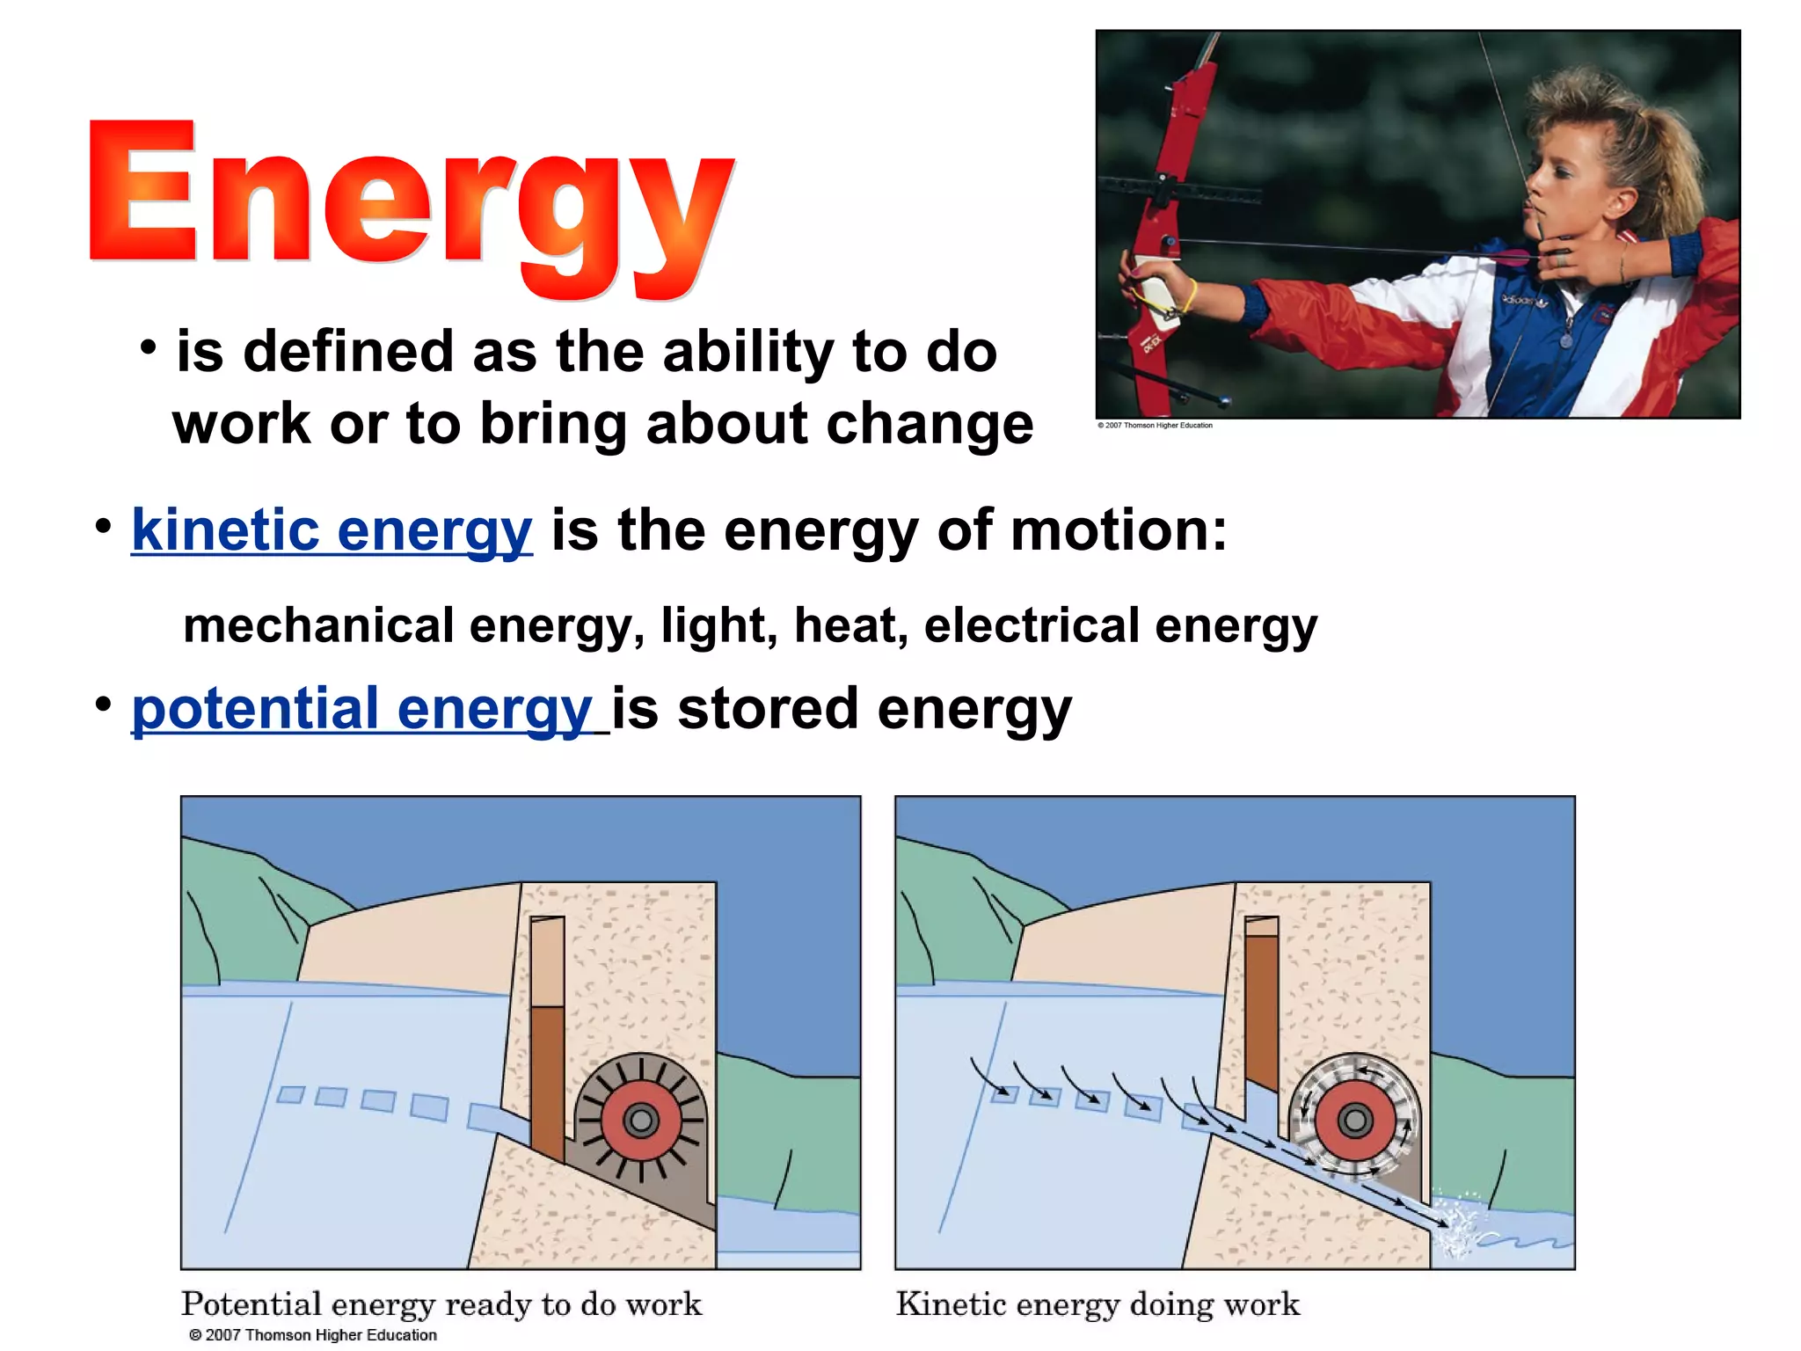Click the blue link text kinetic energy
(x=332, y=530)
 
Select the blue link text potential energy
(x=361, y=709)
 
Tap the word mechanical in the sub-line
(x=318, y=625)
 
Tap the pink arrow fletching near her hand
(x=1514, y=257)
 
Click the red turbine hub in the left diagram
(x=641, y=1121)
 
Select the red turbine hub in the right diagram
(x=1355, y=1121)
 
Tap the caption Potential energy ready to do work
(x=441, y=1304)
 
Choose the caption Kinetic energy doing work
(x=1097, y=1304)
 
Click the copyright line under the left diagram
(x=313, y=1335)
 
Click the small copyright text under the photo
(x=1155, y=426)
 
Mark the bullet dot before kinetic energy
(x=104, y=527)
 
